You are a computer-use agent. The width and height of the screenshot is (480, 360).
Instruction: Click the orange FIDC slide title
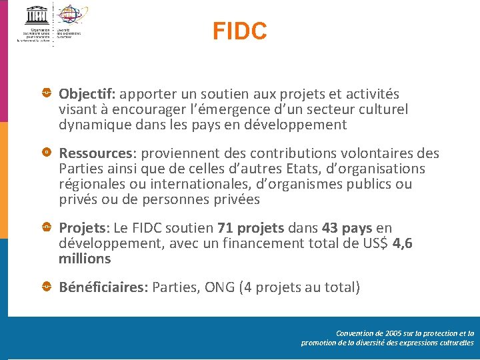click(240, 31)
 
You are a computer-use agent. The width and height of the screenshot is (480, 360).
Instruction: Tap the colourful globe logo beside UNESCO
click(71, 15)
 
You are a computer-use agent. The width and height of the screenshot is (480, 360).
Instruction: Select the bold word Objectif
click(87, 95)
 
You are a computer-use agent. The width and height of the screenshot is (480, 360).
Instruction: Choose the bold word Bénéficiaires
click(103, 288)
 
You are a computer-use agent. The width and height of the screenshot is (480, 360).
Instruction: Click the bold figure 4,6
click(403, 244)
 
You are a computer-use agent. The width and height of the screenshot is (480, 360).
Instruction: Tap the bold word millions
click(85, 259)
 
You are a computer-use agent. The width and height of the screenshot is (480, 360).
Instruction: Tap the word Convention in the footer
click(357, 333)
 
